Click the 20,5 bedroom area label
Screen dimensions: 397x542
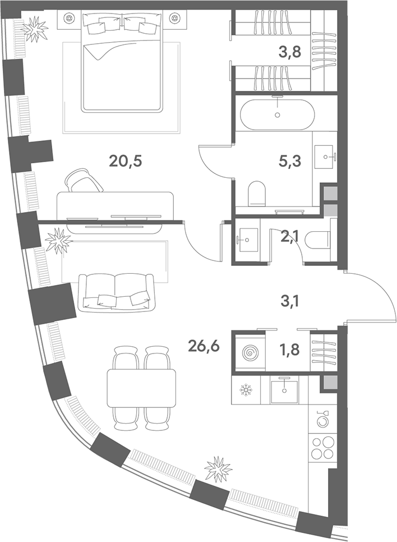coord(126,160)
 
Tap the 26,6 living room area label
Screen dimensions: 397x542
coord(204,345)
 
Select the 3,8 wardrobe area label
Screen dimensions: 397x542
coord(289,52)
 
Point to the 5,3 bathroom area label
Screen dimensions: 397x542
coord(289,161)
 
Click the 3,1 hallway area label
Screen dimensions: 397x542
coord(289,302)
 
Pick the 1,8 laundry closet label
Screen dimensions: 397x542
coord(289,350)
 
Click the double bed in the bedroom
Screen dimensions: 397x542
coord(122,61)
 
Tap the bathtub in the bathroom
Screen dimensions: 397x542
coord(277,115)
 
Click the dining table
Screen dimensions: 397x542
coord(141,388)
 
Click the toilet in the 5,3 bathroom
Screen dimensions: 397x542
coord(257,193)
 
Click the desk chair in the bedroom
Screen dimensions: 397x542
coord(84,180)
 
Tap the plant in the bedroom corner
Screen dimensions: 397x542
coord(34,29)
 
